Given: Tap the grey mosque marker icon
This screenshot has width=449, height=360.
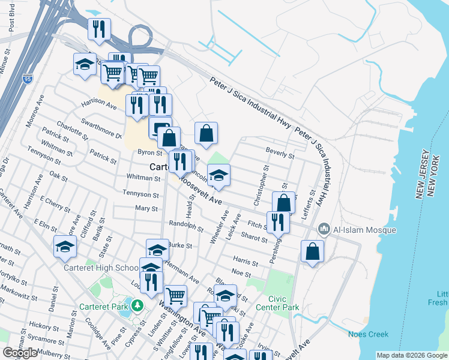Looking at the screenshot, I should click(x=324, y=229).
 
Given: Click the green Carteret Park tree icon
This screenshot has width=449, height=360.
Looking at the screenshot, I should click(x=137, y=306).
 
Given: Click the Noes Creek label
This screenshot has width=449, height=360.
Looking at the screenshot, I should click(x=368, y=334).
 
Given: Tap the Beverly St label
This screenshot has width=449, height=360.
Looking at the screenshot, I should click(x=280, y=155).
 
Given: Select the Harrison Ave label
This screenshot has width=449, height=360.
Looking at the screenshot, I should click(x=99, y=104).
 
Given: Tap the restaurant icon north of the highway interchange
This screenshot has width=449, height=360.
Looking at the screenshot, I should click(x=98, y=29).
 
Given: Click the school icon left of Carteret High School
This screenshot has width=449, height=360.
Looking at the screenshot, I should click(x=64, y=247).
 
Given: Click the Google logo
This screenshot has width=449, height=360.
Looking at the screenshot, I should click(x=20, y=353).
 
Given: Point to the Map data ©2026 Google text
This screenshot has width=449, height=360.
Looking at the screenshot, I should click(x=412, y=355).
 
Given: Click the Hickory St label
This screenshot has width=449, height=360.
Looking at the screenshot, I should click(x=40, y=326).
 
